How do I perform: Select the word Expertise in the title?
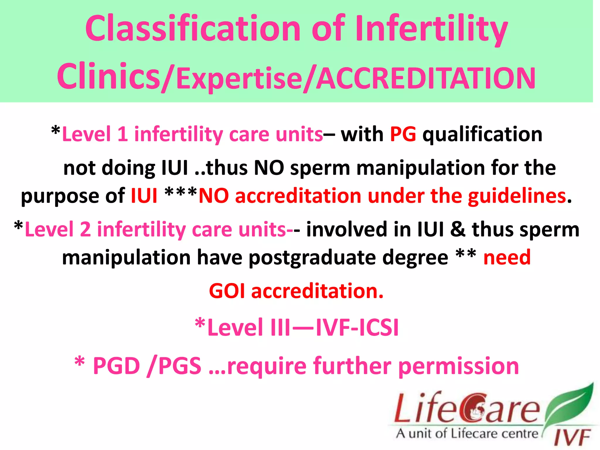click(x=239, y=79)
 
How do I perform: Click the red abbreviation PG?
click(x=403, y=134)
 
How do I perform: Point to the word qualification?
click(x=482, y=134)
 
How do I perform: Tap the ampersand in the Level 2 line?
click(x=458, y=229)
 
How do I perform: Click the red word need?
click(x=507, y=257)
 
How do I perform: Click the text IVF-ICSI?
click(x=357, y=328)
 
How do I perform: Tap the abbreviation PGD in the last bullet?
click(x=117, y=366)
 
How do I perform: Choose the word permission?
click(x=459, y=366)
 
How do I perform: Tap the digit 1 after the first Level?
click(x=122, y=134)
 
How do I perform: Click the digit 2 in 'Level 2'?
click(x=85, y=229)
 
